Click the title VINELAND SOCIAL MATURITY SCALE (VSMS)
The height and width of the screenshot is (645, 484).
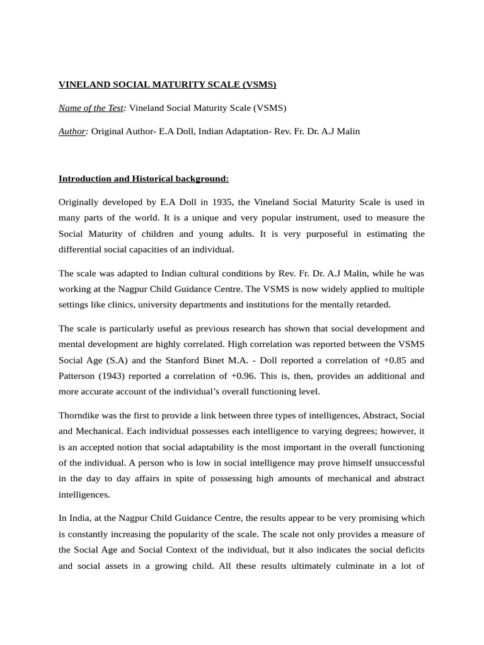tap(167, 84)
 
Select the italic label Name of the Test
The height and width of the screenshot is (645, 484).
tap(91, 108)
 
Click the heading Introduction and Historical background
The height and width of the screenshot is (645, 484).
tap(144, 179)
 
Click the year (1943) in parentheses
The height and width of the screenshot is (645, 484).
tap(120, 376)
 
